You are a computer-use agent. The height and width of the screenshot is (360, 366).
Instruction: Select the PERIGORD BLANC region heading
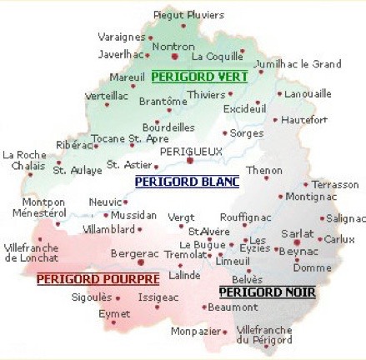click(187, 181)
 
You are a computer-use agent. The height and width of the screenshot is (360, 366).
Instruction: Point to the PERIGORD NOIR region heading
click(256, 292)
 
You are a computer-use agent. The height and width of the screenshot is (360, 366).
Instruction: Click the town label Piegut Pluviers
click(189, 15)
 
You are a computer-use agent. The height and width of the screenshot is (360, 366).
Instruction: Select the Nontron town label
click(173, 47)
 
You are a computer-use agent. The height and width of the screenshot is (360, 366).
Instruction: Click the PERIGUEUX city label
click(191, 152)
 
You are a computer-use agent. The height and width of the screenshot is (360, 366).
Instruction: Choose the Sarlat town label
click(298, 234)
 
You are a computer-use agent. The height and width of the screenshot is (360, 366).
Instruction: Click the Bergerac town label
click(136, 252)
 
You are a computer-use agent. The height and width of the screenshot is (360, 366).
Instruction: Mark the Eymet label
click(114, 313)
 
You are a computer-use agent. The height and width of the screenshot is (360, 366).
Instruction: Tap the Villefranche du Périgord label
click(264, 334)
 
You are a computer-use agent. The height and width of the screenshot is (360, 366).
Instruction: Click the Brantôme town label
click(163, 101)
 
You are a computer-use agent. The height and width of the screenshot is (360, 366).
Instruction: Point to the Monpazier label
click(194, 332)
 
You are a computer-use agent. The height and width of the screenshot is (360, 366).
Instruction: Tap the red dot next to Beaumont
click(203, 307)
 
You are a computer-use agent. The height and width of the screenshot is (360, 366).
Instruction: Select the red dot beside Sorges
click(224, 133)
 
